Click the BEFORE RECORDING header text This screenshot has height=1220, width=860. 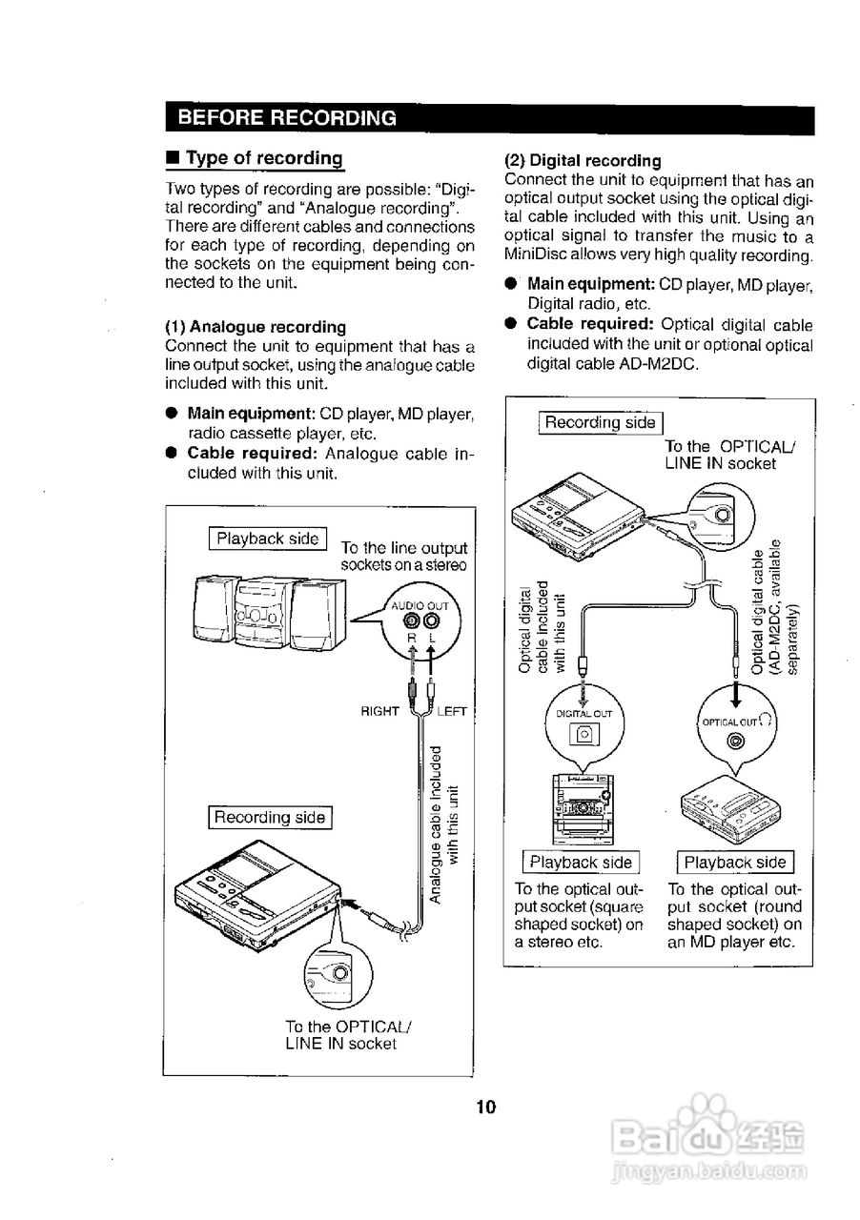pyautogui.click(x=287, y=118)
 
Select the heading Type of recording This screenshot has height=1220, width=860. pyautogui.click(x=263, y=158)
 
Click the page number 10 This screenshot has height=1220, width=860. pyautogui.click(x=486, y=1107)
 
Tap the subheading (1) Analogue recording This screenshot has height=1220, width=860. pyautogui.click(x=256, y=327)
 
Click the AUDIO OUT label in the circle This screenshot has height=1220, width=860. pyautogui.click(x=420, y=605)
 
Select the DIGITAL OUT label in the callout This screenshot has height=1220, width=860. pyautogui.click(x=584, y=713)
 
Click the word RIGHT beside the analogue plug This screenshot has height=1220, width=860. pyautogui.click(x=379, y=711)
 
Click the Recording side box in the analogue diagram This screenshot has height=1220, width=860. pyautogui.click(x=270, y=817)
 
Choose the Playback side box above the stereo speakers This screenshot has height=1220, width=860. pyautogui.click(x=268, y=539)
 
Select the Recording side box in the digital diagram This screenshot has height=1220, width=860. pyautogui.click(x=600, y=422)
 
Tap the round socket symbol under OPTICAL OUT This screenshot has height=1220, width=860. pyautogui.click(x=734, y=742)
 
